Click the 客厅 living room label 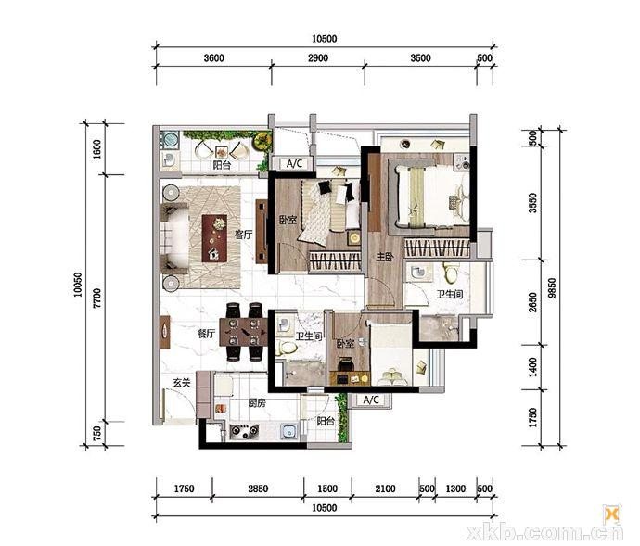tap(243, 235)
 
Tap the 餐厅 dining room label tap(206, 334)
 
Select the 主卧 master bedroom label tap(385, 257)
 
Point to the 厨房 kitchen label tap(257, 403)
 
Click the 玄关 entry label tap(182, 383)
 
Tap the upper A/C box tap(294, 164)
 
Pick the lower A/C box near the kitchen tap(371, 400)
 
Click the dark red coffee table tap(214, 238)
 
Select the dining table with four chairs tap(244, 332)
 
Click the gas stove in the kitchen tap(245, 431)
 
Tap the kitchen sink tap(289, 432)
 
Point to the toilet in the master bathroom tap(450, 273)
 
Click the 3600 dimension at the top tap(214, 58)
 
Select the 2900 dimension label tap(318, 58)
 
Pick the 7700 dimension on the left tap(96, 298)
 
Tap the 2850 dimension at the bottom tap(258, 489)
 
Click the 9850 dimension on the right tap(552, 288)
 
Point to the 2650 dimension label tap(532, 302)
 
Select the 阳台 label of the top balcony tap(222, 165)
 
